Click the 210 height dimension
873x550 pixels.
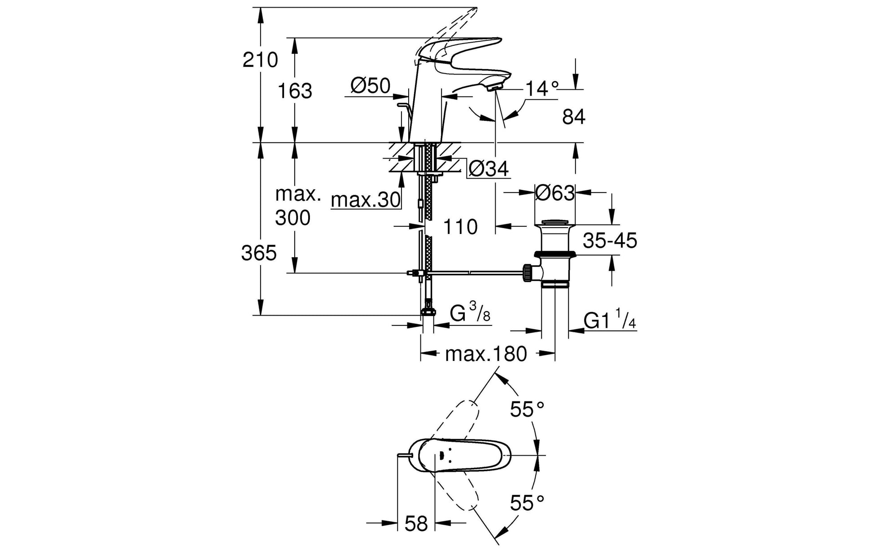pyautogui.click(x=260, y=60)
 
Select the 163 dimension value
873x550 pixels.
pyautogui.click(x=295, y=91)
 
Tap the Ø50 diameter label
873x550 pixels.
pyautogui.click(x=371, y=86)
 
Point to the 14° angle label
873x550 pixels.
pyautogui.click(x=542, y=88)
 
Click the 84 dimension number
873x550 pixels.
pyautogui.click(x=574, y=117)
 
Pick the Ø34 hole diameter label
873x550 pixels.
pyautogui.click(x=489, y=169)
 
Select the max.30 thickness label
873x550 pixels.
pyautogui.click(x=366, y=200)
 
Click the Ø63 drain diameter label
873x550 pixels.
pyautogui.click(x=554, y=193)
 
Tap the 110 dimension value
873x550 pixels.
pyautogui.click(x=460, y=227)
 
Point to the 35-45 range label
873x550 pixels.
pyautogui.click(x=610, y=241)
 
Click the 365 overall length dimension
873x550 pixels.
pyautogui.click(x=259, y=254)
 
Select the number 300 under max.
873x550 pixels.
pyautogui.click(x=292, y=218)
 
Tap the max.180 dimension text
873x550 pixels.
pyautogui.click(x=486, y=354)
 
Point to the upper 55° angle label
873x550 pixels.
pyautogui.click(x=527, y=409)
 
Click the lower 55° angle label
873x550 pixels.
pyautogui.click(x=527, y=503)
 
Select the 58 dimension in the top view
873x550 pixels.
pyautogui.click(x=416, y=524)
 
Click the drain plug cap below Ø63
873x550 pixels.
pyautogui.click(x=554, y=223)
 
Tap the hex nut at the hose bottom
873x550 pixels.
pyautogui.click(x=428, y=312)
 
